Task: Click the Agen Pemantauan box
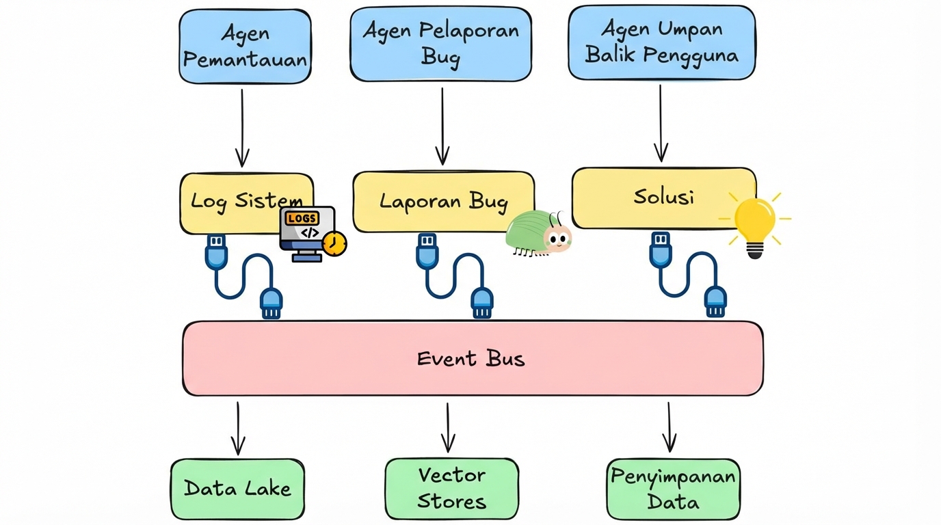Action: [x=245, y=46]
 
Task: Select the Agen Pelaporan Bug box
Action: [x=440, y=43]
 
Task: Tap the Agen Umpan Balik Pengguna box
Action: [x=661, y=42]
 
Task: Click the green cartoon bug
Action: [x=538, y=233]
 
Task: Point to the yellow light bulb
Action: [x=755, y=223]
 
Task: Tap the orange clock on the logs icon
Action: [x=334, y=243]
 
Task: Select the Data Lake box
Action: [x=237, y=489]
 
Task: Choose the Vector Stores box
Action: [x=451, y=488]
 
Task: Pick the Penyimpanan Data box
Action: [x=673, y=489]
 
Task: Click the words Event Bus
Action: [x=471, y=358]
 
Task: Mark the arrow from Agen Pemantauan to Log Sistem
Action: [x=242, y=128]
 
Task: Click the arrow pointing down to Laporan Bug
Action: [x=442, y=126]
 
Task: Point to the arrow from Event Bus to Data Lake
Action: [x=238, y=429]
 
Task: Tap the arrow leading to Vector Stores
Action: [x=448, y=428]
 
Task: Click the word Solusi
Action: [x=663, y=197]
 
